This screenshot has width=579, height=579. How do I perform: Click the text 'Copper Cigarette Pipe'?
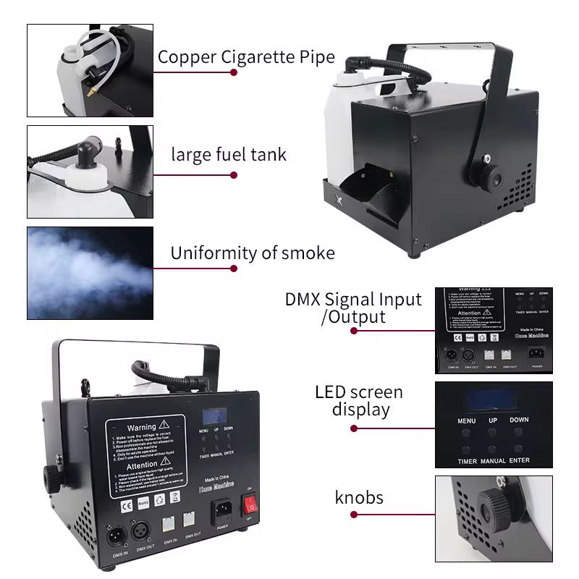coord(246,57)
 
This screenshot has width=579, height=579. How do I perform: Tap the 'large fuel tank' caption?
coord(229,154)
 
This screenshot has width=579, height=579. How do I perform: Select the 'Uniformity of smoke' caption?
coord(253,253)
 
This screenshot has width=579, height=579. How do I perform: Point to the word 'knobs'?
coord(359,497)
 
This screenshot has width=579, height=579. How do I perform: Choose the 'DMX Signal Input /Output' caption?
coord(354,308)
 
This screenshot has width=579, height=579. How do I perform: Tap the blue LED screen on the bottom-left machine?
coord(215,416)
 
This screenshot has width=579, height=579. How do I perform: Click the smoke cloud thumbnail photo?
coord(90,273)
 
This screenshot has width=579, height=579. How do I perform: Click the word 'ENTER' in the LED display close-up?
coord(519,460)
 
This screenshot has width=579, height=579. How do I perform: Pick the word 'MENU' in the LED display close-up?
coord(468,420)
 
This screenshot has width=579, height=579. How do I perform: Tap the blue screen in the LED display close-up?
coord(492,399)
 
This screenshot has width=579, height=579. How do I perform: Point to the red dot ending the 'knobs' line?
coord(354,515)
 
